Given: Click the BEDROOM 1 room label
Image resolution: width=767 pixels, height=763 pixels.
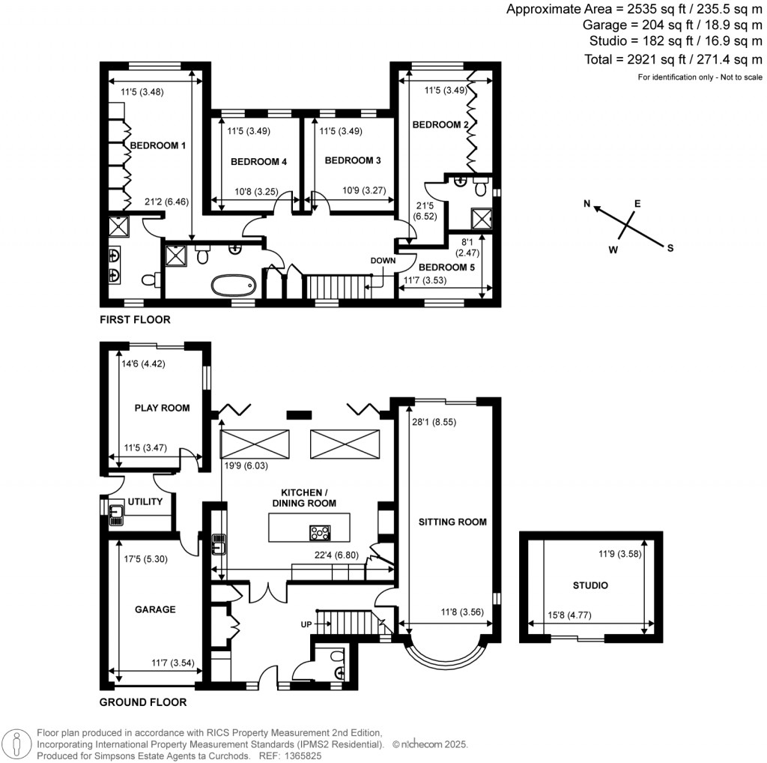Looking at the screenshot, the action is pyautogui.click(x=157, y=145).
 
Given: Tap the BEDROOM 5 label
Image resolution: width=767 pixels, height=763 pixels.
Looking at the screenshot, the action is pyautogui.click(x=446, y=268).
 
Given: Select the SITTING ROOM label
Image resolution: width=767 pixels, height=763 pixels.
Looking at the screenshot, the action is pyautogui.click(x=452, y=522).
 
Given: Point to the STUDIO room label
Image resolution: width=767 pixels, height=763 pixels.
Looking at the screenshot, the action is pyautogui.click(x=590, y=585).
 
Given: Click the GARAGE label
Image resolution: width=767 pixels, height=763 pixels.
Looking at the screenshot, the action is pyautogui.click(x=155, y=609).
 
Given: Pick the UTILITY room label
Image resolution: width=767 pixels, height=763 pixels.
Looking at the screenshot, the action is pyautogui.click(x=145, y=501).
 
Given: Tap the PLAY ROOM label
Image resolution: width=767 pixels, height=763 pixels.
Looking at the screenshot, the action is pyautogui.click(x=162, y=408).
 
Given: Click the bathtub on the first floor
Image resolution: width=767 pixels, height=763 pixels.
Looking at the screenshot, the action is pyautogui.click(x=234, y=285).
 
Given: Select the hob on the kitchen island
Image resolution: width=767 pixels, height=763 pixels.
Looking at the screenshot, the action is pyautogui.click(x=320, y=532).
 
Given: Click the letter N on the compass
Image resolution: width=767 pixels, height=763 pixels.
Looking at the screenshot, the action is pyautogui.click(x=587, y=204).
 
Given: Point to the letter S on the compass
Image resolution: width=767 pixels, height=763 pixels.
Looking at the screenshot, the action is pyautogui.click(x=670, y=248).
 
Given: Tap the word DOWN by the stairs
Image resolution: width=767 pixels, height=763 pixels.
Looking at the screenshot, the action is pyautogui.click(x=383, y=260).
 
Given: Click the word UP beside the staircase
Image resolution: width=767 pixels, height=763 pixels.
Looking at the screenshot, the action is pyautogui.click(x=306, y=624).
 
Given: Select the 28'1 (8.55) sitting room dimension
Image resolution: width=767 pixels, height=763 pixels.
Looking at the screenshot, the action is pyautogui.click(x=434, y=422).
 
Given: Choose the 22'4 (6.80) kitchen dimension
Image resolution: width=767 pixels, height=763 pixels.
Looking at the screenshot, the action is pyautogui.click(x=336, y=555).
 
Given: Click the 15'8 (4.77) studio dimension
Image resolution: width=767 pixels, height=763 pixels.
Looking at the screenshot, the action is pyautogui.click(x=569, y=615).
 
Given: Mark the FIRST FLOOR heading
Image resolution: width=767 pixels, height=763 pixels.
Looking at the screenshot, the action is pyautogui.click(x=135, y=319).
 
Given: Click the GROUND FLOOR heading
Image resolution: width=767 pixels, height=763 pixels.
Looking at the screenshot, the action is pyautogui.click(x=143, y=702).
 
